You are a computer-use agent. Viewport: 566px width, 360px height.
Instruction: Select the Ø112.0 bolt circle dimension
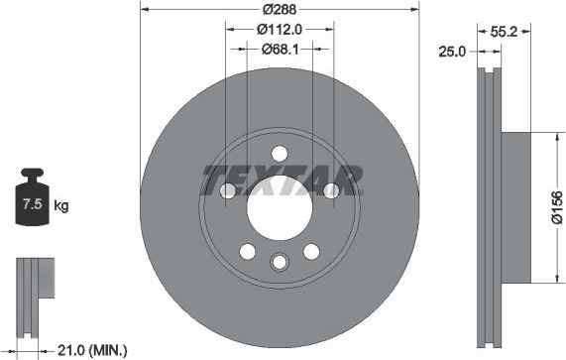point(279,30)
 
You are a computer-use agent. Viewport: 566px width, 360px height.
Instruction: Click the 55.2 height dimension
point(506,31)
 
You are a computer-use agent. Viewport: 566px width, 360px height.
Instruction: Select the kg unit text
point(61,206)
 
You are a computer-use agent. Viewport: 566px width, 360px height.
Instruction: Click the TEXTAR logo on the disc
point(283,180)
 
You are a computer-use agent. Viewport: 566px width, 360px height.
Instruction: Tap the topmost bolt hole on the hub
point(279,153)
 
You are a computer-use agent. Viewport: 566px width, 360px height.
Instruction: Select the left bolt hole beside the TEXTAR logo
point(228,190)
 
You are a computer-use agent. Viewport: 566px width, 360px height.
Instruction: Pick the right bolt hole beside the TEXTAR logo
point(331,190)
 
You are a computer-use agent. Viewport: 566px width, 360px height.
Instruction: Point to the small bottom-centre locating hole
point(279,261)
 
